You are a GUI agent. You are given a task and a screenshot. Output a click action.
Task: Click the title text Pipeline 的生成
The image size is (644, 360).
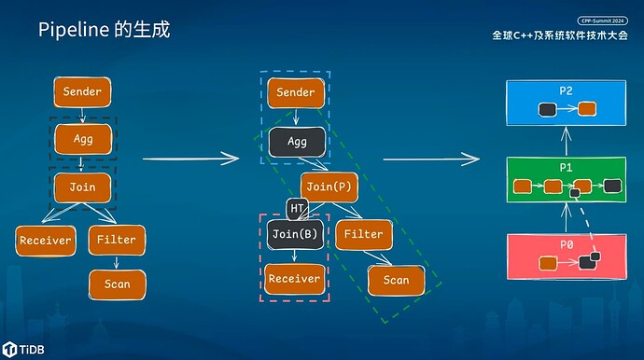[x=104, y=30]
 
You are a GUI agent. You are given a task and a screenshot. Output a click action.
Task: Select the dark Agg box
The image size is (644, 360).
[x=297, y=142]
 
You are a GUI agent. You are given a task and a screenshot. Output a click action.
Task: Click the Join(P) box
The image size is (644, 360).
[x=329, y=187]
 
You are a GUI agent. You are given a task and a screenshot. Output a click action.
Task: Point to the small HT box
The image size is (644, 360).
[x=297, y=207]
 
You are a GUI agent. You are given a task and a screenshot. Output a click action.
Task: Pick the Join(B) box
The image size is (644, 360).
[x=296, y=234]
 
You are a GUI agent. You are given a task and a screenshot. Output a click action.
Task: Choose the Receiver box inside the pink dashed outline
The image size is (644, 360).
[x=295, y=278]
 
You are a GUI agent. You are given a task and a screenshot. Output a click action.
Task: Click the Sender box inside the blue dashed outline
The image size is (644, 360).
[x=296, y=93]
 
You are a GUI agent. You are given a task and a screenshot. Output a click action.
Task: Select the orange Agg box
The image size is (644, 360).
[x=83, y=139]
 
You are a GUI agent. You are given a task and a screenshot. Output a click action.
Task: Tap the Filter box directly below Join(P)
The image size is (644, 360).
[x=362, y=234]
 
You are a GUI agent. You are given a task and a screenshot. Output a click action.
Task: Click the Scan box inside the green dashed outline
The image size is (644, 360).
[x=396, y=279]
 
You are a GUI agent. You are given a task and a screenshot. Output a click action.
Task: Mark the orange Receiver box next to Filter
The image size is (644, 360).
[x=45, y=240]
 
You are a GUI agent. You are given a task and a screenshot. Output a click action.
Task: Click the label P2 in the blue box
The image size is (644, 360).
[x=566, y=92]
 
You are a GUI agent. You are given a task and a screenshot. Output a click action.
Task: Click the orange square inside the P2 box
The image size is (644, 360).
[x=587, y=110]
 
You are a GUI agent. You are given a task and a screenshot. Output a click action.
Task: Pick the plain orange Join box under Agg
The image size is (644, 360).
[x=83, y=187]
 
